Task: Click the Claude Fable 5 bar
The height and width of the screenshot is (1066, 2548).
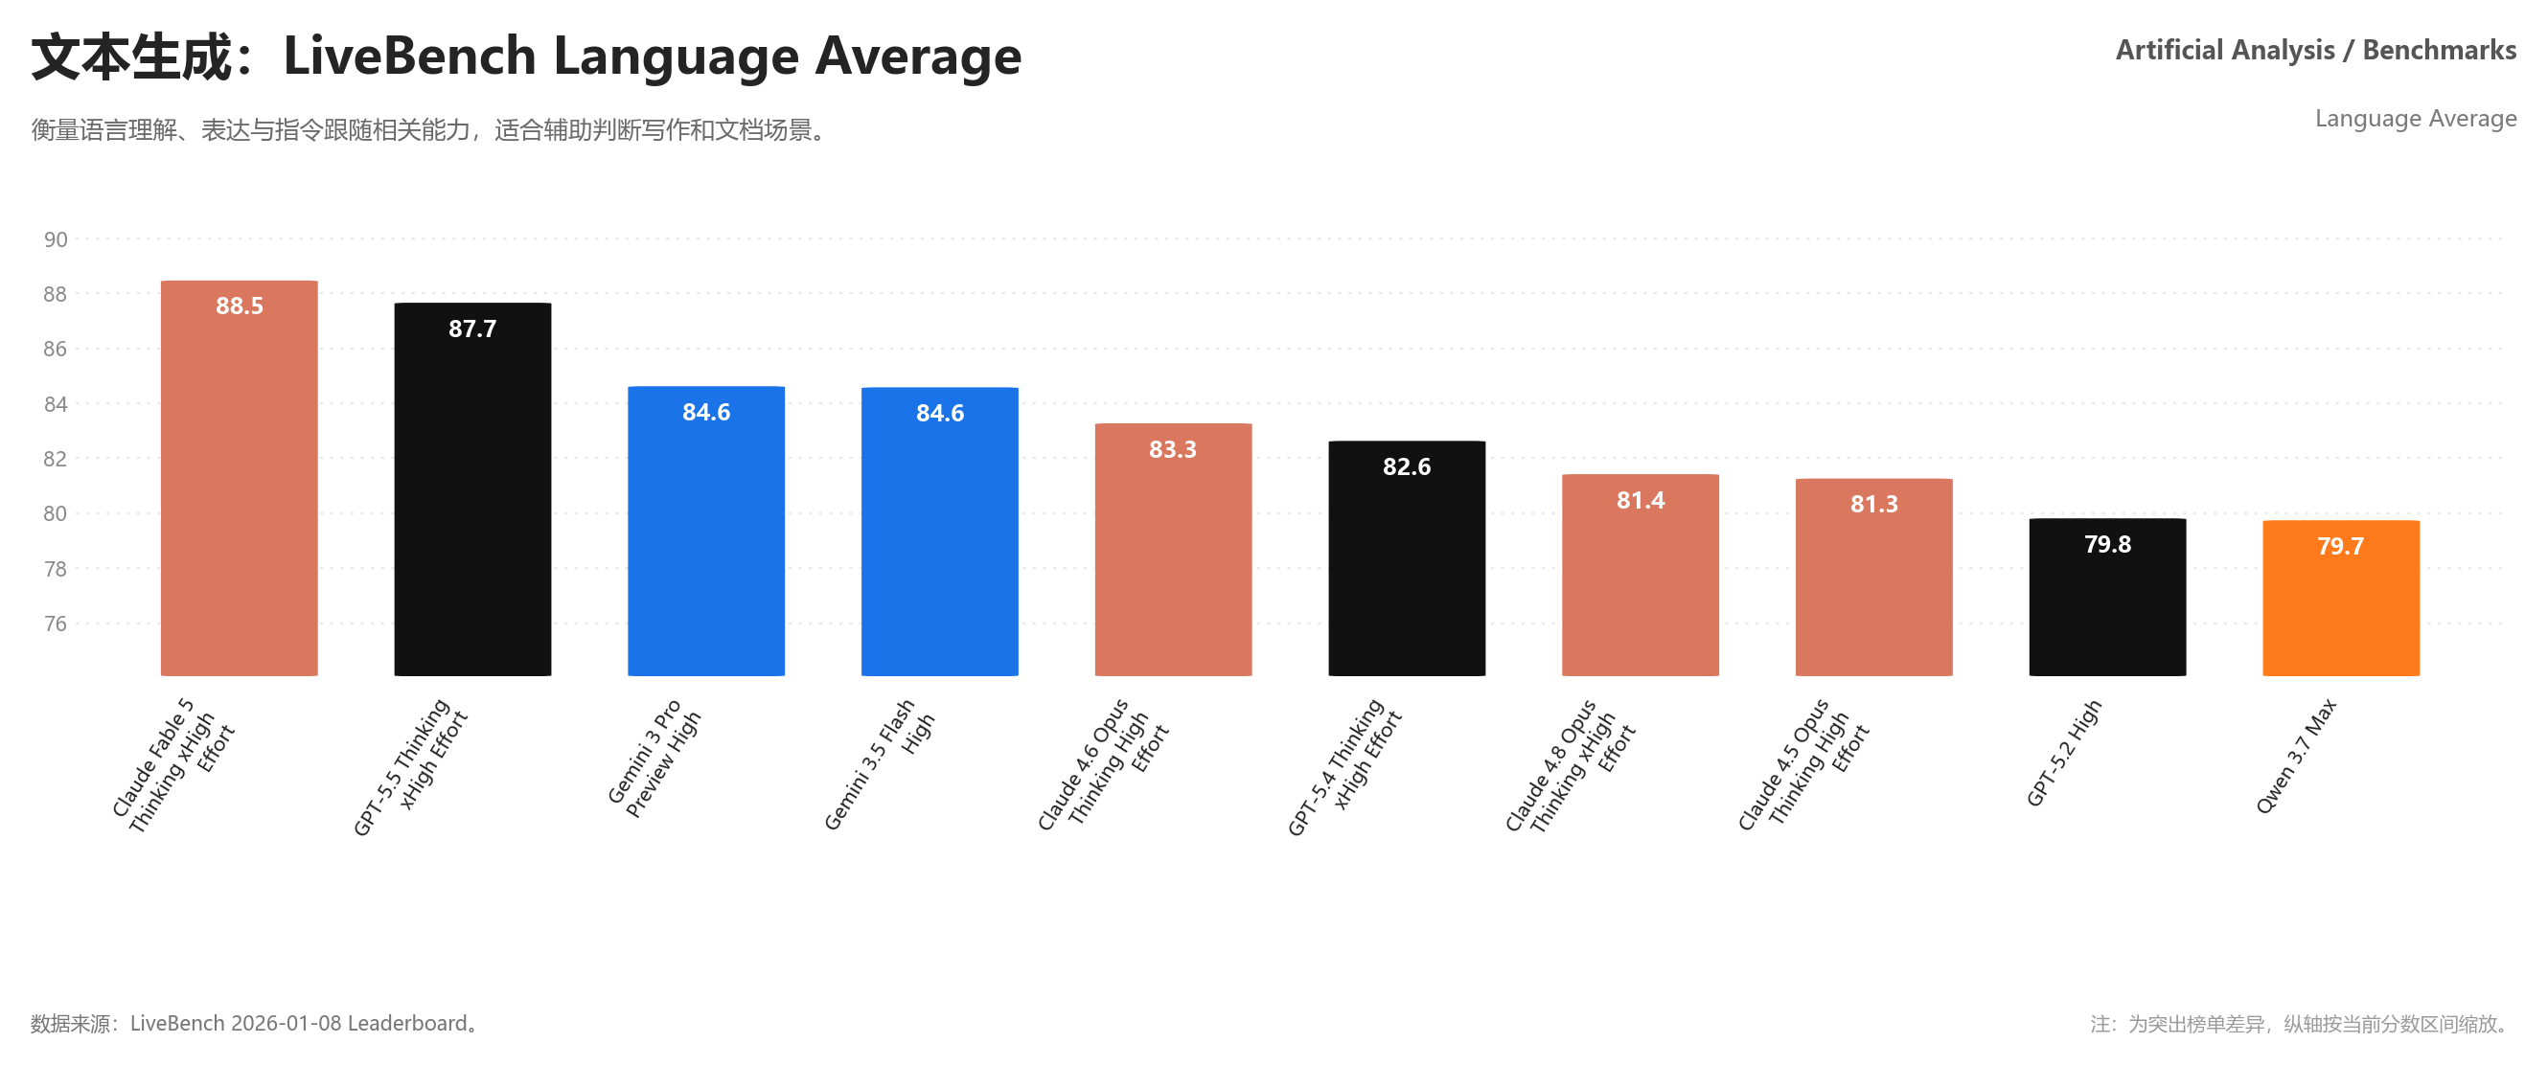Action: coord(240,479)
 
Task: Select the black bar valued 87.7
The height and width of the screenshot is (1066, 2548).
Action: coord(472,489)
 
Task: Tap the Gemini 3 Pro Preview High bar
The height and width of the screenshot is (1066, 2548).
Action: coord(706,531)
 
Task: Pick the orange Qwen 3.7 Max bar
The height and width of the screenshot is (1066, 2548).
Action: coord(2341,599)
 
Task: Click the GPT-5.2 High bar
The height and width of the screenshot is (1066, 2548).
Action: coord(2108,598)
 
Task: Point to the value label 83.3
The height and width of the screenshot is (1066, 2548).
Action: coord(1173,450)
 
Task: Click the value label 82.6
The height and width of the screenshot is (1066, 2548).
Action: coord(1407,466)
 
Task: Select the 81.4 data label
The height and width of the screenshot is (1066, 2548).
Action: coord(1641,500)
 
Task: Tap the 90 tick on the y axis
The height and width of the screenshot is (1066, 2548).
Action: coord(56,239)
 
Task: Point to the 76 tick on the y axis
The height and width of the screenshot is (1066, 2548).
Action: coord(56,624)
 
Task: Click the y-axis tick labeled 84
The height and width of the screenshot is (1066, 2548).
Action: coord(56,404)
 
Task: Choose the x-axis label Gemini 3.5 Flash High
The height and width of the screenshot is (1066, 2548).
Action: coord(879,764)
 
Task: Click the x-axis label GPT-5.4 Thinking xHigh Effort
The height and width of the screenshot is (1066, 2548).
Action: coord(1344,767)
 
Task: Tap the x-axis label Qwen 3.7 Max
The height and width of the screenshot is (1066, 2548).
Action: coord(2296,757)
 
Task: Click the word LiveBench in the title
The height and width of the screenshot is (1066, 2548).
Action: coord(409,56)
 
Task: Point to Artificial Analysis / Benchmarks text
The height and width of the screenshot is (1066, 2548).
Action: coord(2315,50)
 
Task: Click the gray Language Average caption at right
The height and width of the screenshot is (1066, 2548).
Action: coord(2416,119)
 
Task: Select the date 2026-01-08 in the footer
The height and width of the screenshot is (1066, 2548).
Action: coord(286,1024)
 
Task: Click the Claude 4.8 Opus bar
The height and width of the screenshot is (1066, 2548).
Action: coord(1641,576)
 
